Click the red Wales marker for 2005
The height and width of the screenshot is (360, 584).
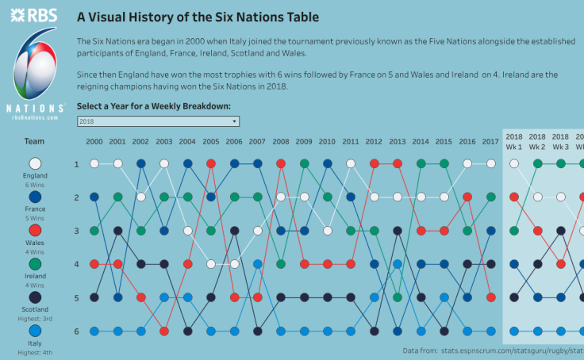point(211,163)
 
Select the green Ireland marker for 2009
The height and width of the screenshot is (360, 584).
point(304,163)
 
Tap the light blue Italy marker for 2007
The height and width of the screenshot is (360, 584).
point(258,264)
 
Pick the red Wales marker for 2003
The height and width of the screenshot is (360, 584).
point(164,331)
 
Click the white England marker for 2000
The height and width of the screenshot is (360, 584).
point(94,163)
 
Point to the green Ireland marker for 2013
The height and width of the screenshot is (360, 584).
point(398,297)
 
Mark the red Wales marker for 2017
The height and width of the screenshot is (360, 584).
point(491,297)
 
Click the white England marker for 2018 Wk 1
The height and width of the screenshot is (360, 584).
point(514,163)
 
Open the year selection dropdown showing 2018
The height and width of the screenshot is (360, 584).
point(158,121)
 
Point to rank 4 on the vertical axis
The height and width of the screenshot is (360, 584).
point(77,264)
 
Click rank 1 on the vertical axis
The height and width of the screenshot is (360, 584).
point(77,164)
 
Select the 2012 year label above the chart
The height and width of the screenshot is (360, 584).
point(374,141)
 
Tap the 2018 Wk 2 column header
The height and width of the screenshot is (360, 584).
point(537,141)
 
